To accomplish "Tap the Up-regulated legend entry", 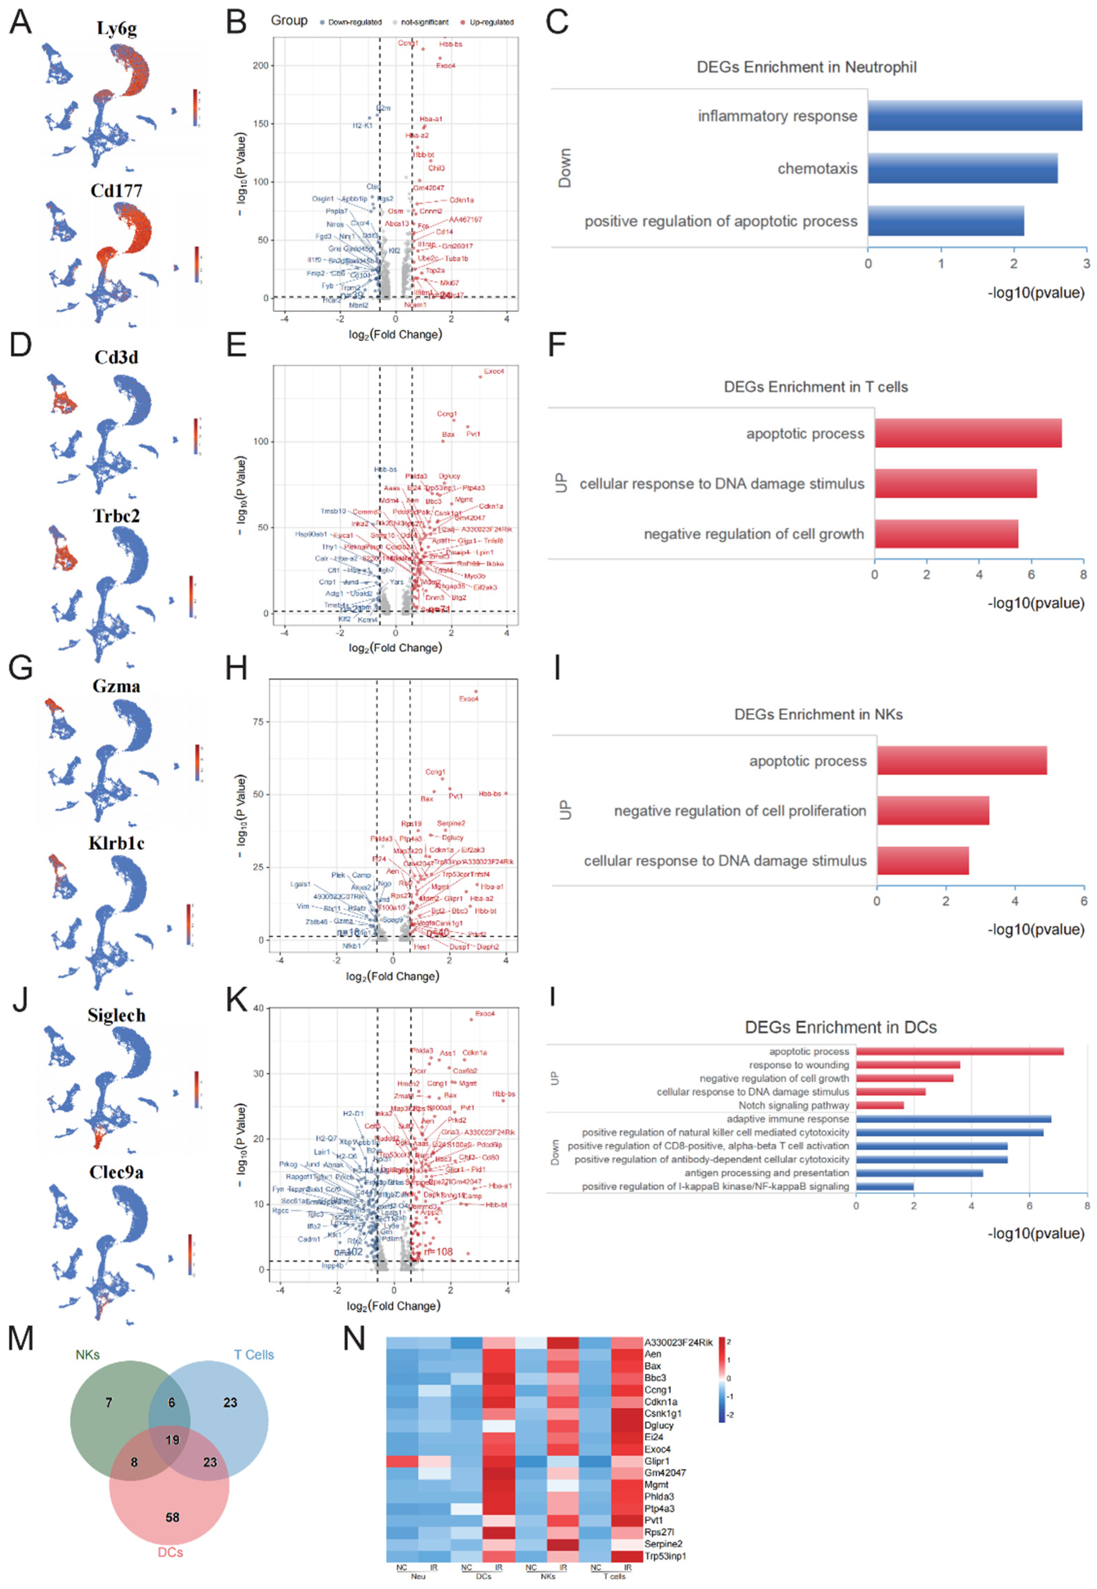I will pos(491,22).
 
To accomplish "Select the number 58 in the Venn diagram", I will pos(172,1517).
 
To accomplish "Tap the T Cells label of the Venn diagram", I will pos(254,1355).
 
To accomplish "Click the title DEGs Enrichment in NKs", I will pos(818,714).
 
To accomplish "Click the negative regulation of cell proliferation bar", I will pos(933,811).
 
